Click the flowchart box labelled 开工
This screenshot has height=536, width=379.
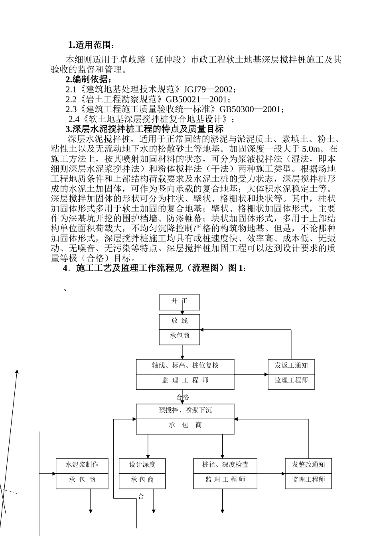(180, 301)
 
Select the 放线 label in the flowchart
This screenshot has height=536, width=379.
(180, 321)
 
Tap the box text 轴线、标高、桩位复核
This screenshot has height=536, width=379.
(185, 366)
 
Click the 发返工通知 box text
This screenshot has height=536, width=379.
(291, 366)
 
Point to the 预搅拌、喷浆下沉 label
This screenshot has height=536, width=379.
(185, 410)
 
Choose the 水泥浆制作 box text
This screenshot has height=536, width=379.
(82, 465)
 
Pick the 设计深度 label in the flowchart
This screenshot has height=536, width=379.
(142, 465)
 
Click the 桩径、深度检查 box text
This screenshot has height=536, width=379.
(225, 465)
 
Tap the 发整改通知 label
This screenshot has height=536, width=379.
(308, 465)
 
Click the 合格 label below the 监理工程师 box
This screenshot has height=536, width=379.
(183, 397)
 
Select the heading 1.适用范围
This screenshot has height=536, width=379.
(91, 45)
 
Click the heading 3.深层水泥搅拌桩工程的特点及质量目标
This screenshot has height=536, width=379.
(144, 129)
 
